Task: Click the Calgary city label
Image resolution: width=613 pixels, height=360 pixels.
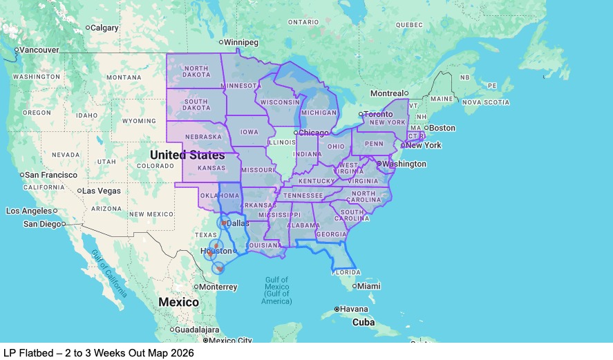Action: (104, 28)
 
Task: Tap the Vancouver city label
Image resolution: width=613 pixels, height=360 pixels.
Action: (39, 50)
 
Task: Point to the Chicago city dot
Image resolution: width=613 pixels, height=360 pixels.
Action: (296, 133)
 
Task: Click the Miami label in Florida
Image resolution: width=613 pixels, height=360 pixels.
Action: (368, 286)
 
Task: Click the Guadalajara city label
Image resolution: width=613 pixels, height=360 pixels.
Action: (198, 330)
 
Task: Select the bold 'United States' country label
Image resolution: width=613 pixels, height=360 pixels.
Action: (187, 155)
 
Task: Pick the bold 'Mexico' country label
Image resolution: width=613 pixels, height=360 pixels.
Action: (178, 302)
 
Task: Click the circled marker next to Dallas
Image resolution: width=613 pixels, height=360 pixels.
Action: (224, 222)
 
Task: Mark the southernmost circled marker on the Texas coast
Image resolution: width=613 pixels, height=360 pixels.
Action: (218, 268)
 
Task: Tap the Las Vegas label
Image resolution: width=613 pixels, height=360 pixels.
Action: (102, 191)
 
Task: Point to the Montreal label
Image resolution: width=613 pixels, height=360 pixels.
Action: (387, 93)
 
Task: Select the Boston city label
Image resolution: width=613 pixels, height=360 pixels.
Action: (442, 128)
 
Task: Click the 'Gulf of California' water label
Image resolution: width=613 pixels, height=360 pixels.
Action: (109, 272)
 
